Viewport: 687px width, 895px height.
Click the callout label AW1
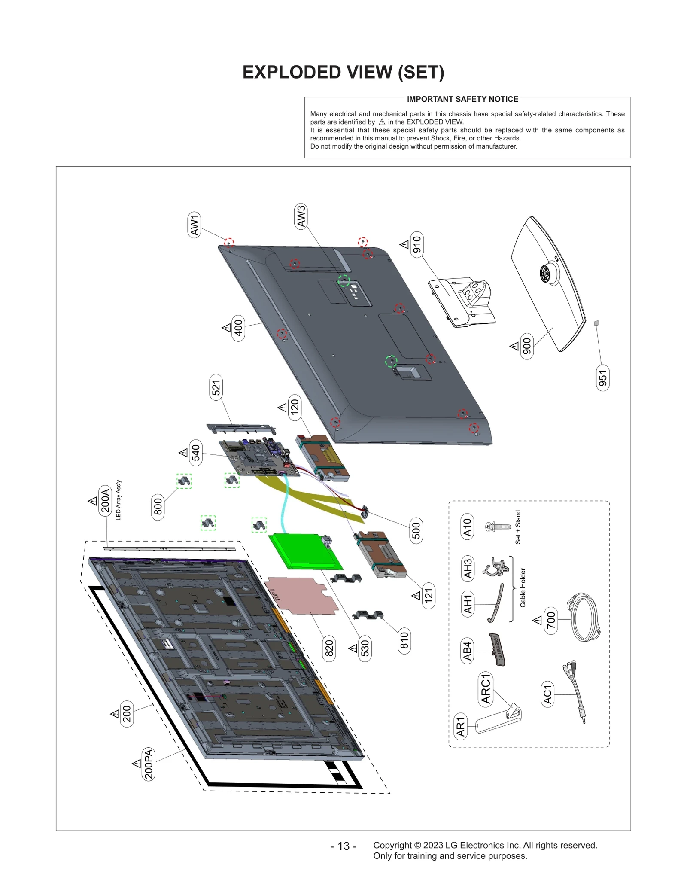(195, 225)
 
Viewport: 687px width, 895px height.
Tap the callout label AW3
(301, 216)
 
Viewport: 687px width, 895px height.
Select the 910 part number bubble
(416, 244)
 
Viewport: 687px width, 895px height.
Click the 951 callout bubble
(602, 378)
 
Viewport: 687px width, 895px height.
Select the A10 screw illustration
(498, 527)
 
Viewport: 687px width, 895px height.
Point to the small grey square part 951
(596, 323)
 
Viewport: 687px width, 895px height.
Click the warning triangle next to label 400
(226, 328)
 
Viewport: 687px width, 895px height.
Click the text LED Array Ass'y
(119, 500)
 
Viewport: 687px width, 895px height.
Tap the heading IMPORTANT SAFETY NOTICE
(462, 99)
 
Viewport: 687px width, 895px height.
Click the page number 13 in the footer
(343, 846)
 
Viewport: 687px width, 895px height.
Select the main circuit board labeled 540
(258, 458)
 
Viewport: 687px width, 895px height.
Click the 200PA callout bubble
(148, 764)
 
